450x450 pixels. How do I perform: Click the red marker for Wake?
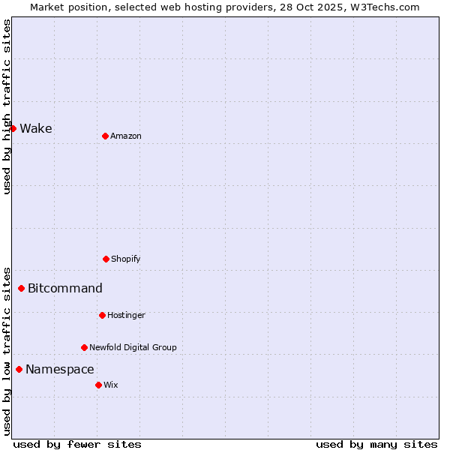click(x=13, y=128)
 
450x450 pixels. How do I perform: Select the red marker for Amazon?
click(x=105, y=136)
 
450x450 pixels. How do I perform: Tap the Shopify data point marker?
click(x=106, y=259)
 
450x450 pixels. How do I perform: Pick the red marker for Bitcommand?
click(x=21, y=288)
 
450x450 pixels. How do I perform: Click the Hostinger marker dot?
click(x=102, y=315)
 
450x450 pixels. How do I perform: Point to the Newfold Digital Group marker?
click(x=84, y=347)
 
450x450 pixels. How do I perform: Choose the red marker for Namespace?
click(x=19, y=369)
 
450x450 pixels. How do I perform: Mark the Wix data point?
click(x=98, y=385)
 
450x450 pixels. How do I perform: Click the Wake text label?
click(x=36, y=128)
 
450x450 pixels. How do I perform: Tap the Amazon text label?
click(x=126, y=136)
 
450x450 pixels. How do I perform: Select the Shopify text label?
click(x=126, y=259)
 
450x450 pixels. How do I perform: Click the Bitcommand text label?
click(x=65, y=288)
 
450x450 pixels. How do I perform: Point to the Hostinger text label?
click(x=126, y=315)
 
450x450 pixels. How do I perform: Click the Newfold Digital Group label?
click(x=133, y=347)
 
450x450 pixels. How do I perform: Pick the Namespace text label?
click(x=60, y=369)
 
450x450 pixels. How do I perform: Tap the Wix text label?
click(x=111, y=385)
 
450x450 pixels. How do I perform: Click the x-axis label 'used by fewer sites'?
click(x=77, y=444)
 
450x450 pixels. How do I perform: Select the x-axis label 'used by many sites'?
click(x=376, y=444)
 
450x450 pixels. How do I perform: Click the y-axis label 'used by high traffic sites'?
click(x=7, y=106)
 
